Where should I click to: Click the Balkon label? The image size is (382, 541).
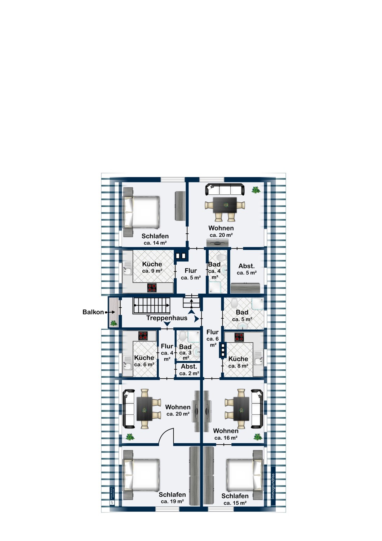coord(93,312)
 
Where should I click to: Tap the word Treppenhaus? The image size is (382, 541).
coord(166,318)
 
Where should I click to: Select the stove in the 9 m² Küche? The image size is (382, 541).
coord(152,288)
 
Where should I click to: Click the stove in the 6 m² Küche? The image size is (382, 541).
coord(143,336)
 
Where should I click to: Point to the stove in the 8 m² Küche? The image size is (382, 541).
coord(239,337)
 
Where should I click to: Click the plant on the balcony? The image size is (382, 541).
coord(114,323)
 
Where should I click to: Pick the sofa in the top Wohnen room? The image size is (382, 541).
coord(225,189)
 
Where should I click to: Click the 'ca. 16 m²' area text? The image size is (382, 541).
coord(226,438)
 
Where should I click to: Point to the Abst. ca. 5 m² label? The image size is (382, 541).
coord(246,269)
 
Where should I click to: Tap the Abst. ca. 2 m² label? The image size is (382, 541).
coord(189,370)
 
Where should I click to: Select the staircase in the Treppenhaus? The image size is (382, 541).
coord(151,305)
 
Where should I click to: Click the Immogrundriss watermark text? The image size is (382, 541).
coord(273,486)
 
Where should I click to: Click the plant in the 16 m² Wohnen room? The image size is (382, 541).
coord(258,437)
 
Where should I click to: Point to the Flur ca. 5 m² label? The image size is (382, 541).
coord(191,274)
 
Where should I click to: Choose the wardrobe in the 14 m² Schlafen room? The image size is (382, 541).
coord(180,206)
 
